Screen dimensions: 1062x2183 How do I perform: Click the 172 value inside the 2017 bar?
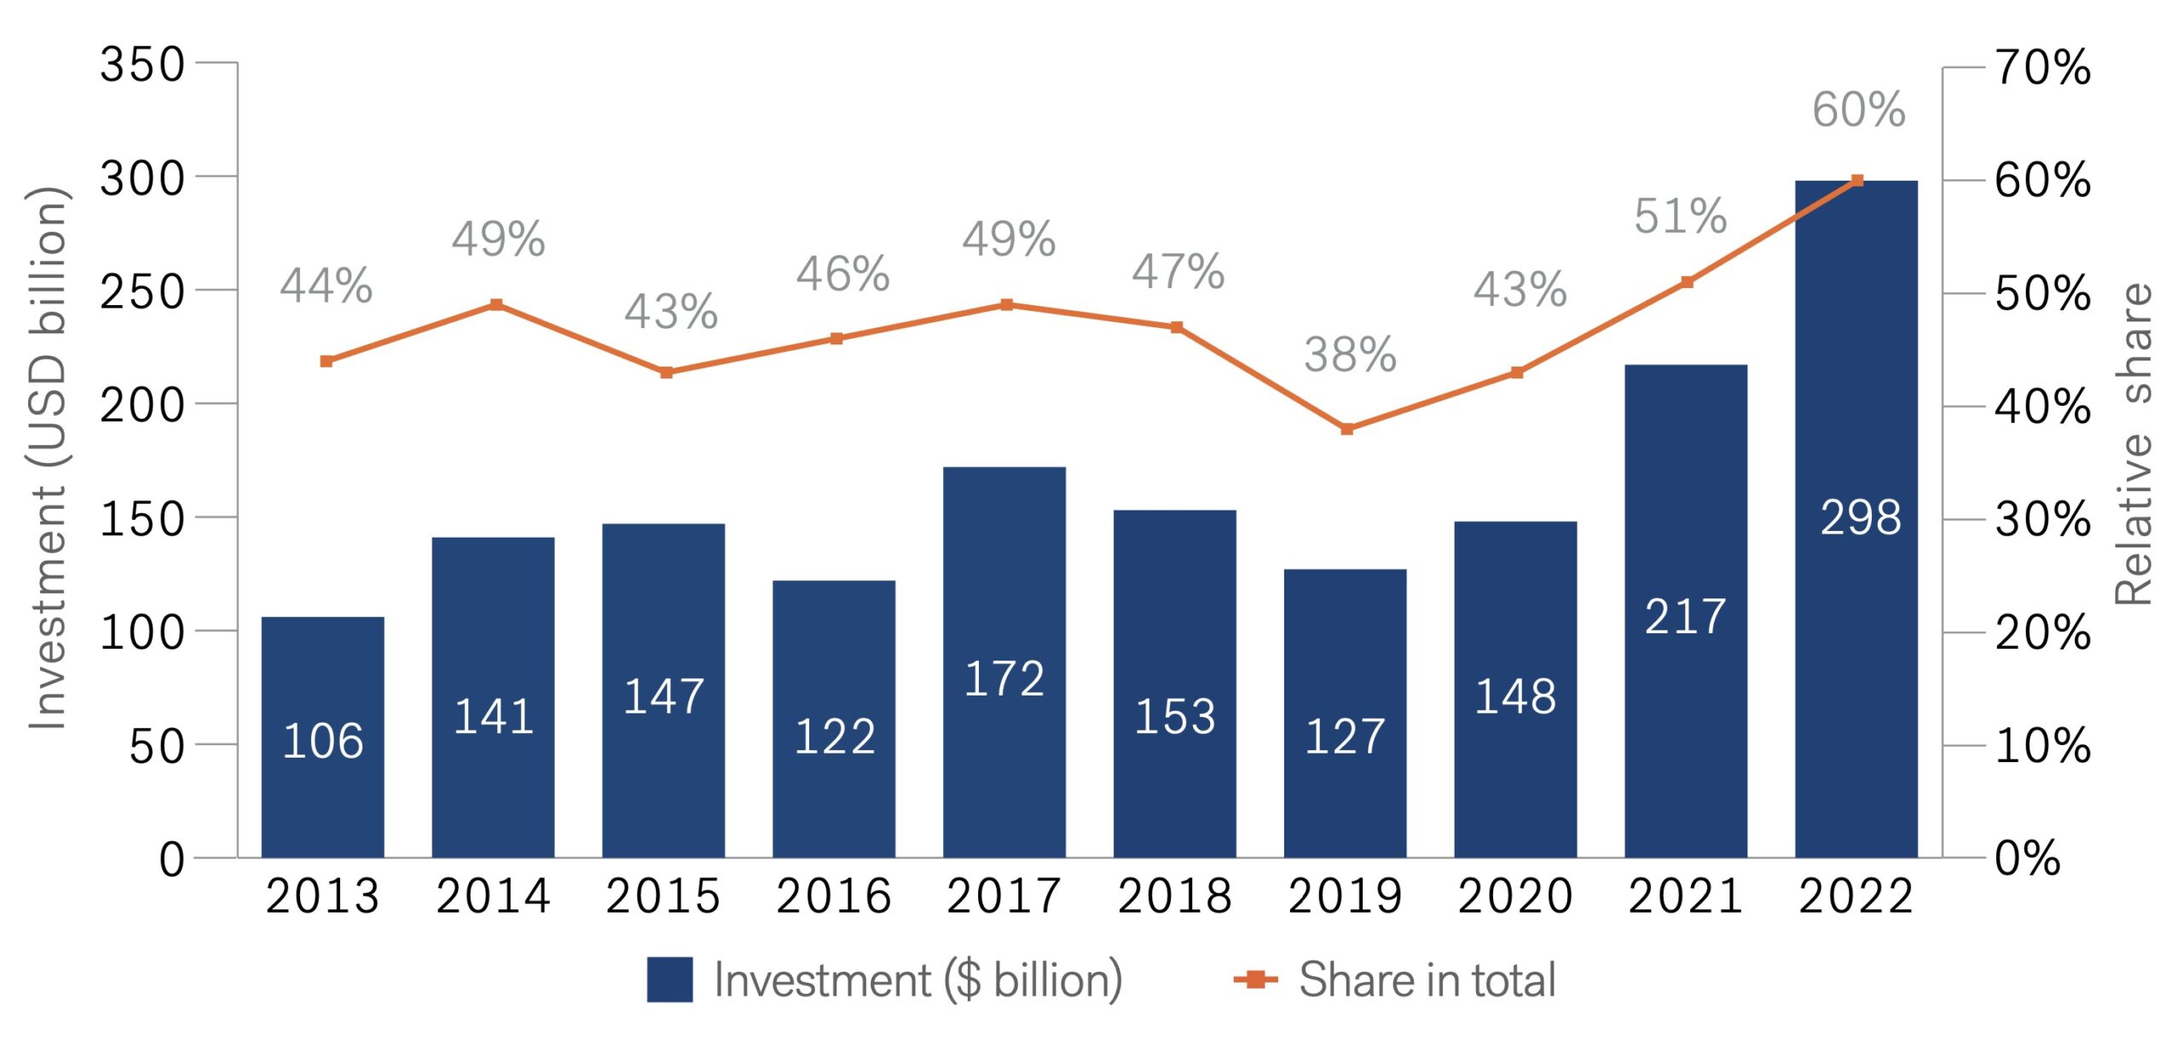coord(1004,679)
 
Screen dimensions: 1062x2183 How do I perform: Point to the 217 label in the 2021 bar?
coord(1685,616)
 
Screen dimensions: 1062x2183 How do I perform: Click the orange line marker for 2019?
coord(1346,429)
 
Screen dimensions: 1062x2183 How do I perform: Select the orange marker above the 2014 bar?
coord(496,305)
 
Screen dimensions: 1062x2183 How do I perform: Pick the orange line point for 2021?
coord(1687,282)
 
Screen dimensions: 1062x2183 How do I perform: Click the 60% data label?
coord(1858,110)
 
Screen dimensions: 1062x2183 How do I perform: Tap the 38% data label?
coord(1350,355)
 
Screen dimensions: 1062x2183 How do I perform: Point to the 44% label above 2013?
coord(326,286)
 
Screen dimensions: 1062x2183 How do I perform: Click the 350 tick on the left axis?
coord(142,65)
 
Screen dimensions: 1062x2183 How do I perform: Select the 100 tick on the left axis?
coord(142,632)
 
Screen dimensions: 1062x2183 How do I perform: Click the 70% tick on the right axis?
coord(2042,67)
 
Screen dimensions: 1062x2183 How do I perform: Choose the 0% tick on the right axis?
coord(2027,858)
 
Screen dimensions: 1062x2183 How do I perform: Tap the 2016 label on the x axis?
coord(833,897)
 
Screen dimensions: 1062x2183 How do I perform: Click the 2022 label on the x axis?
coord(1856,897)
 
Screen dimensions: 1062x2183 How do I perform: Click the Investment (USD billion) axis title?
coord(47,458)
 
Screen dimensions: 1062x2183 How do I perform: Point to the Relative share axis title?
coord(2134,443)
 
